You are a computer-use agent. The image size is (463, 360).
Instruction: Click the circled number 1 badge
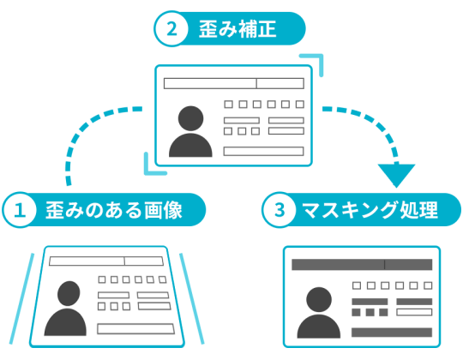click(20, 210)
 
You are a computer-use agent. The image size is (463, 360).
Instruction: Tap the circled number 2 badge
click(171, 28)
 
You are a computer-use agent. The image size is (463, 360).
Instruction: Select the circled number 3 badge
click(280, 210)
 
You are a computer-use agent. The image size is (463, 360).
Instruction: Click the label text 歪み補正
click(238, 29)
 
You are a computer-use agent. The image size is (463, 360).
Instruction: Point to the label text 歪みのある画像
click(114, 210)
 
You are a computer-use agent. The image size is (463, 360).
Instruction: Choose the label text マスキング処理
click(370, 210)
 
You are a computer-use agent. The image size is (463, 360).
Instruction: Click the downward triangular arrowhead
click(397, 175)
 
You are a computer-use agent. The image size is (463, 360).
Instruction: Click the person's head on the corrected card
click(190, 118)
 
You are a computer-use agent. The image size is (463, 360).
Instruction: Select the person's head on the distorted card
click(69, 293)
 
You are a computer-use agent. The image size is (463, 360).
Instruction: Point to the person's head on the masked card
click(319, 299)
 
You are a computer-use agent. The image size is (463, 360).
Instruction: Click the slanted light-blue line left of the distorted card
click(21, 298)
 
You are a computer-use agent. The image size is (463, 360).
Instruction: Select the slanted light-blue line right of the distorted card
click(192, 298)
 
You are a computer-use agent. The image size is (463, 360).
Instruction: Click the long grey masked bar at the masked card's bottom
click(392, 333)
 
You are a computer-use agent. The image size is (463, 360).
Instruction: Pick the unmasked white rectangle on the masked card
click(414, 312)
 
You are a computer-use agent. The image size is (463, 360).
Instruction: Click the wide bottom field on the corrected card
click(264, 151)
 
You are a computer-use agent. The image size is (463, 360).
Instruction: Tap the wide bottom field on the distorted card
click(135, 329)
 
